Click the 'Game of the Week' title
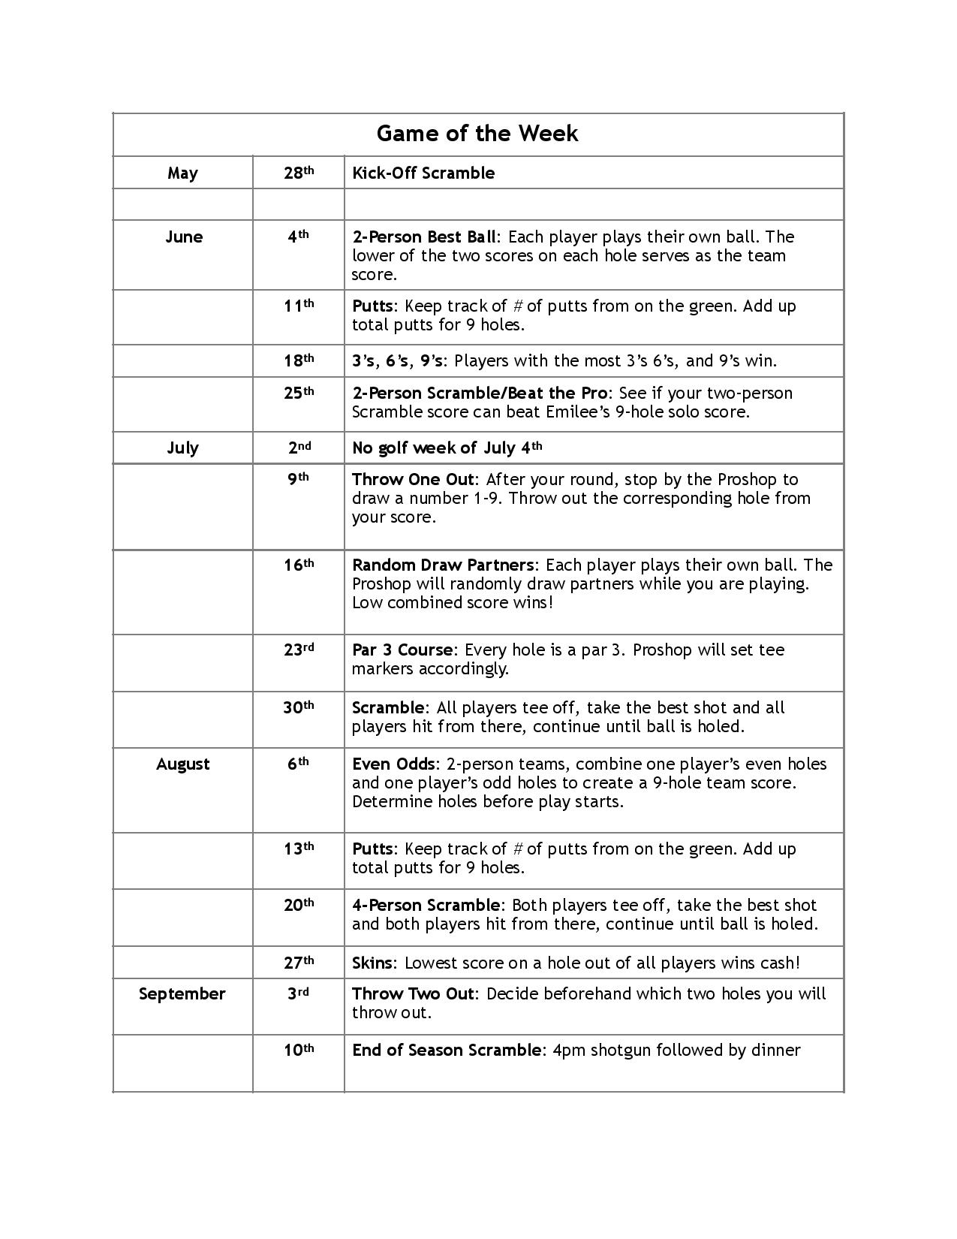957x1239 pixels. pos(477,134)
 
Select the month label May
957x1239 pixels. pos(182,173)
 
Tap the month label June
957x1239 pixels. pos(183,237)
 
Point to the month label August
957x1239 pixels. pos(182,764)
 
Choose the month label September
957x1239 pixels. pos(182,994)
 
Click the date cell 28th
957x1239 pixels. pos(298,173)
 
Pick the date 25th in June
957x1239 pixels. pos(298,393)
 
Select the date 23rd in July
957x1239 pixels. pos(298,650)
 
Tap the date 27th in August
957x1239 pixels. pos(298,962)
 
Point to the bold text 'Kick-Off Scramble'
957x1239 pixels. pos(423,173)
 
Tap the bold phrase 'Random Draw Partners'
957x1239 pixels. pos(444,565)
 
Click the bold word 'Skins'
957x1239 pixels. pos(372,963)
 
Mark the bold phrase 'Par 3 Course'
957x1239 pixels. pos(402,650)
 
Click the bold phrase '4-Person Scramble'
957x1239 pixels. pos(426,906)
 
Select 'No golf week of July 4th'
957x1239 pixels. pos(447,448)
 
